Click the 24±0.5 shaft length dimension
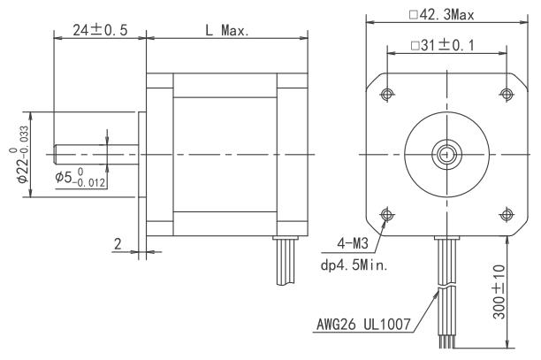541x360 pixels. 100,30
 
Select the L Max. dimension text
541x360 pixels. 227,31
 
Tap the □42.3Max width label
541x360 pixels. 442,15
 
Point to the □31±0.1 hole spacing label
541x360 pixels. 443,45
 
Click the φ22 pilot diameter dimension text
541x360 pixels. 20,154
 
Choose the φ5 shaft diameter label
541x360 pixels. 80,178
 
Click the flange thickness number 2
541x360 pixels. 118,244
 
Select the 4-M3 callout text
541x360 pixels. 353,244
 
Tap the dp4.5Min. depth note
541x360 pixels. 354,265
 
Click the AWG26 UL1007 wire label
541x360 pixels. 363,325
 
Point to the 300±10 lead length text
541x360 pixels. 499,292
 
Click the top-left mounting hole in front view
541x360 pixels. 387,94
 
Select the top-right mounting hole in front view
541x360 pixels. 507,94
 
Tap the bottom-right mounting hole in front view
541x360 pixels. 507,215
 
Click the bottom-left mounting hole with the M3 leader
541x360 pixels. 387,215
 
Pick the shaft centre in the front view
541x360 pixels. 446,154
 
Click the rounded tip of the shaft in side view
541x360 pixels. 55,154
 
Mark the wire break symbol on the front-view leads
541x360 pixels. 446,287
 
